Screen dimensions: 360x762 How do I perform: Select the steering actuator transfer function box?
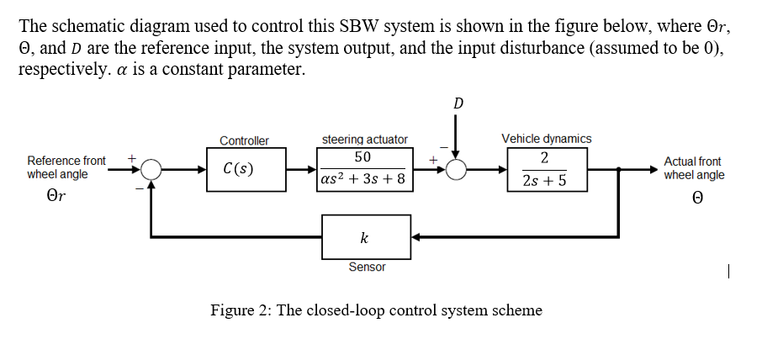(365, 168)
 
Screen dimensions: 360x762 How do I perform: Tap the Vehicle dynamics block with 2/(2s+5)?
(544, 168)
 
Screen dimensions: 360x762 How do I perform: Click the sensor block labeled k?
(366, 237)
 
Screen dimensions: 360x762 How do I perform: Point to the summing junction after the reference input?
(151, 169)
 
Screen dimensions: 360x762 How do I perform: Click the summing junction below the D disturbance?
(456, 169)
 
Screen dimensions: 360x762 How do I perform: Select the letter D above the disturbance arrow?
(458, 103)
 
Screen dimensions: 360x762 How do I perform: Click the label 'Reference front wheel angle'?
(66, 167)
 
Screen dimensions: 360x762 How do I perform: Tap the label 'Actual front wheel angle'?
(693, 168)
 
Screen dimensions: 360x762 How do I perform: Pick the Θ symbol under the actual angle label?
(694, 199)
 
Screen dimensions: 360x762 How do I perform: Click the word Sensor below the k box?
(367, 267)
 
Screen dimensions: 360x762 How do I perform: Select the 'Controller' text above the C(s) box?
(244, 140)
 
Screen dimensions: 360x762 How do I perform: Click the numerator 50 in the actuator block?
(363, 157)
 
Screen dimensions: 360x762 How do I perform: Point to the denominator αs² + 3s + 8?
(363, 178)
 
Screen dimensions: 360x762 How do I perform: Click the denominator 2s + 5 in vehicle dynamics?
(544, 180)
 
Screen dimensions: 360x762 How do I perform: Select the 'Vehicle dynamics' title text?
(546, 138)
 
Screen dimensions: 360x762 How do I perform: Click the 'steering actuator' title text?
(365, 139)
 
